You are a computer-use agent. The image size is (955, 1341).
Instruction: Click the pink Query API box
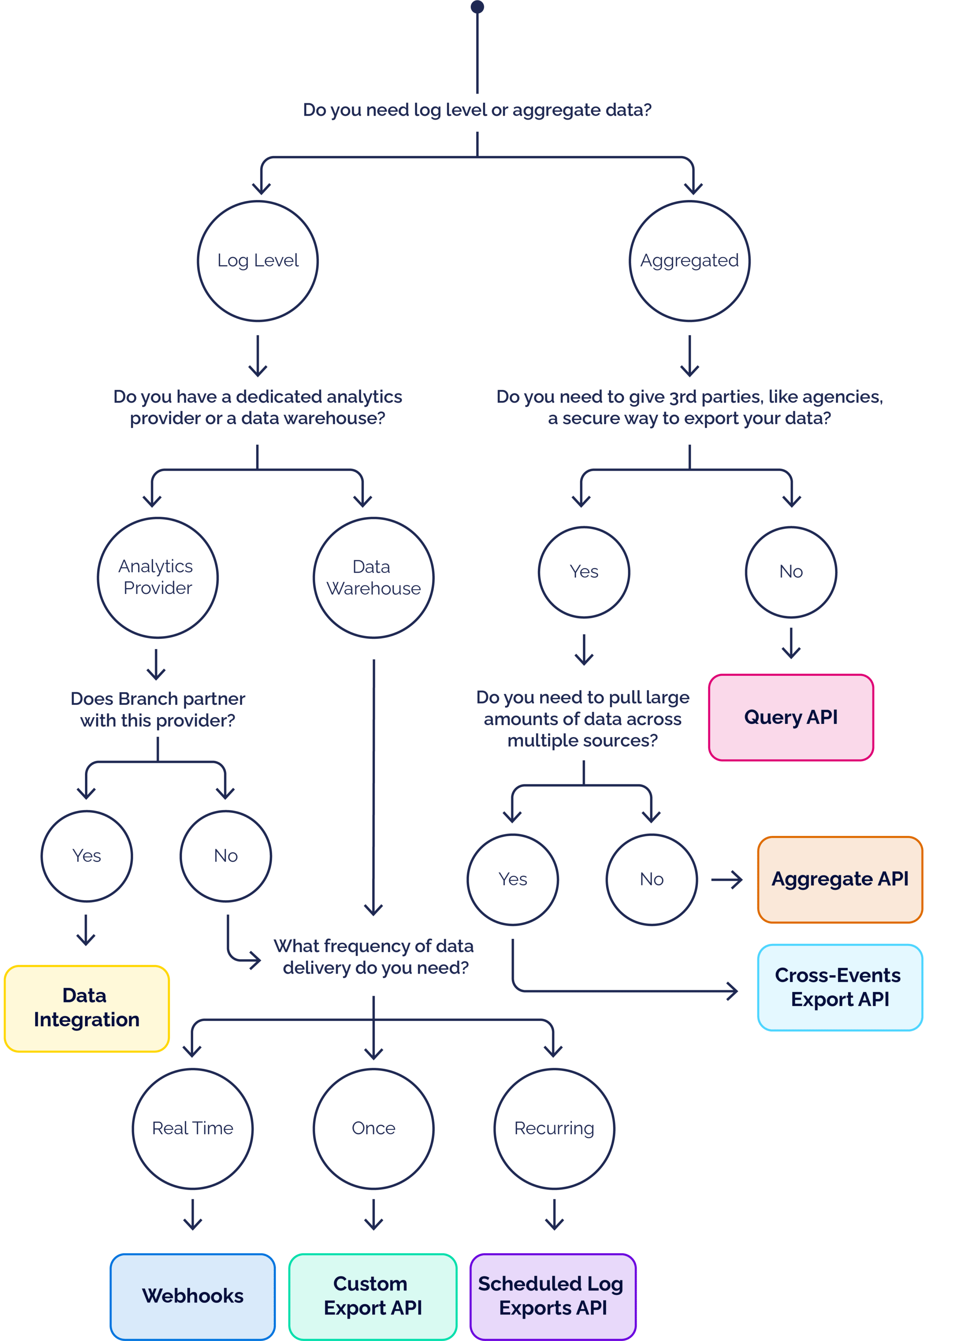click(x=790, y=717)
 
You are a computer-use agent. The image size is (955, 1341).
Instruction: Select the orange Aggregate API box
click(x=840, y=879)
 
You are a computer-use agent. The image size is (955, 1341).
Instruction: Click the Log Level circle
click(x=257, y=261)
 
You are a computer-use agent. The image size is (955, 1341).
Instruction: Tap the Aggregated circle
click(x=689, y=261)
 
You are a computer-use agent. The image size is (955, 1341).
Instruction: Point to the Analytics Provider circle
click(x=157, y=577)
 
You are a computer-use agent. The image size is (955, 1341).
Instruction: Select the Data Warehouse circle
click(x=373, y=577)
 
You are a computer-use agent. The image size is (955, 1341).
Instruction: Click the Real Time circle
click(x=192, y=1128)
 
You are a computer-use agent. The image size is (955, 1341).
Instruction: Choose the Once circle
click(x=373, y=1128)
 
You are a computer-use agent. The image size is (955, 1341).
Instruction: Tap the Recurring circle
click(x=554, y=1128)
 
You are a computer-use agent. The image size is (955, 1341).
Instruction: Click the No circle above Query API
click(x=791, y=571)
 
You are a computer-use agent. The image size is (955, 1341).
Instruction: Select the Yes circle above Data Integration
click(x=87, y=856)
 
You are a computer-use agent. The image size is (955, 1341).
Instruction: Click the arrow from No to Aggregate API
click(x=727, y=880)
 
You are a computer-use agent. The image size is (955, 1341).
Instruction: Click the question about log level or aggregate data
click(x=477, y=110)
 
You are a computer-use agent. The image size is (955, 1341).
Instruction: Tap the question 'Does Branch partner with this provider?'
click(x=157, y=710)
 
